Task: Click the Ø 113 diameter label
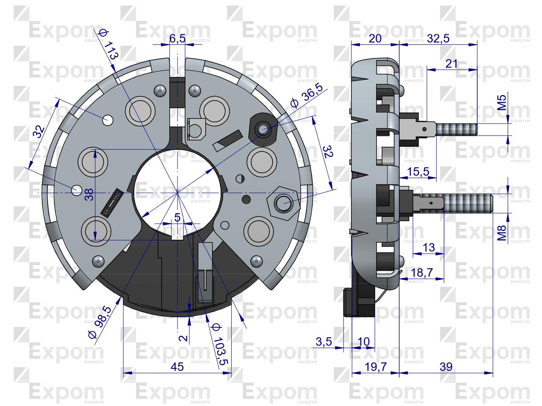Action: (x=107, y=44)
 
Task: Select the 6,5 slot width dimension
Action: (x=177, y=39)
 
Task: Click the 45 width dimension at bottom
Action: (x=177, y=367)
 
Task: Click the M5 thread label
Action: (x=501, y=103)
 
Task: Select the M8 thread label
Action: (x=501, y=233)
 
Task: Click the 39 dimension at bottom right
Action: (x=446, y=367)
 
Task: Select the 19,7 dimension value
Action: (x=375, y=367)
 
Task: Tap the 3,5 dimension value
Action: (x=324, y=341)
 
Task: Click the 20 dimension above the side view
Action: (x=375, y=38)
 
